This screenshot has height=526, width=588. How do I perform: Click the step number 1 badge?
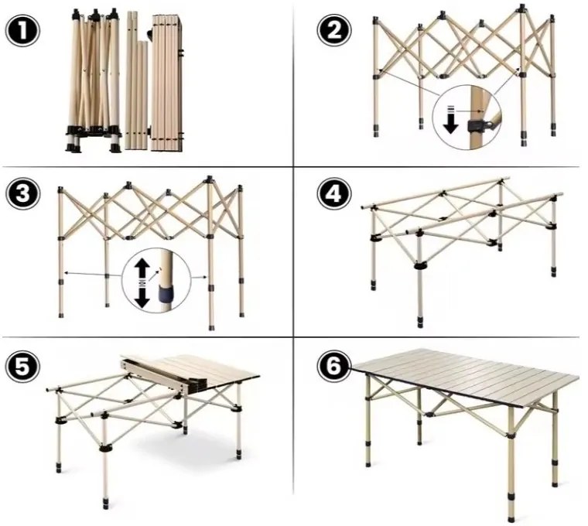click(22, 32)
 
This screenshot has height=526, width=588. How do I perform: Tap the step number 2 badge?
click(333, 32)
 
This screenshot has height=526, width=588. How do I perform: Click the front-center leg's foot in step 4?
click(420, 319)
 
